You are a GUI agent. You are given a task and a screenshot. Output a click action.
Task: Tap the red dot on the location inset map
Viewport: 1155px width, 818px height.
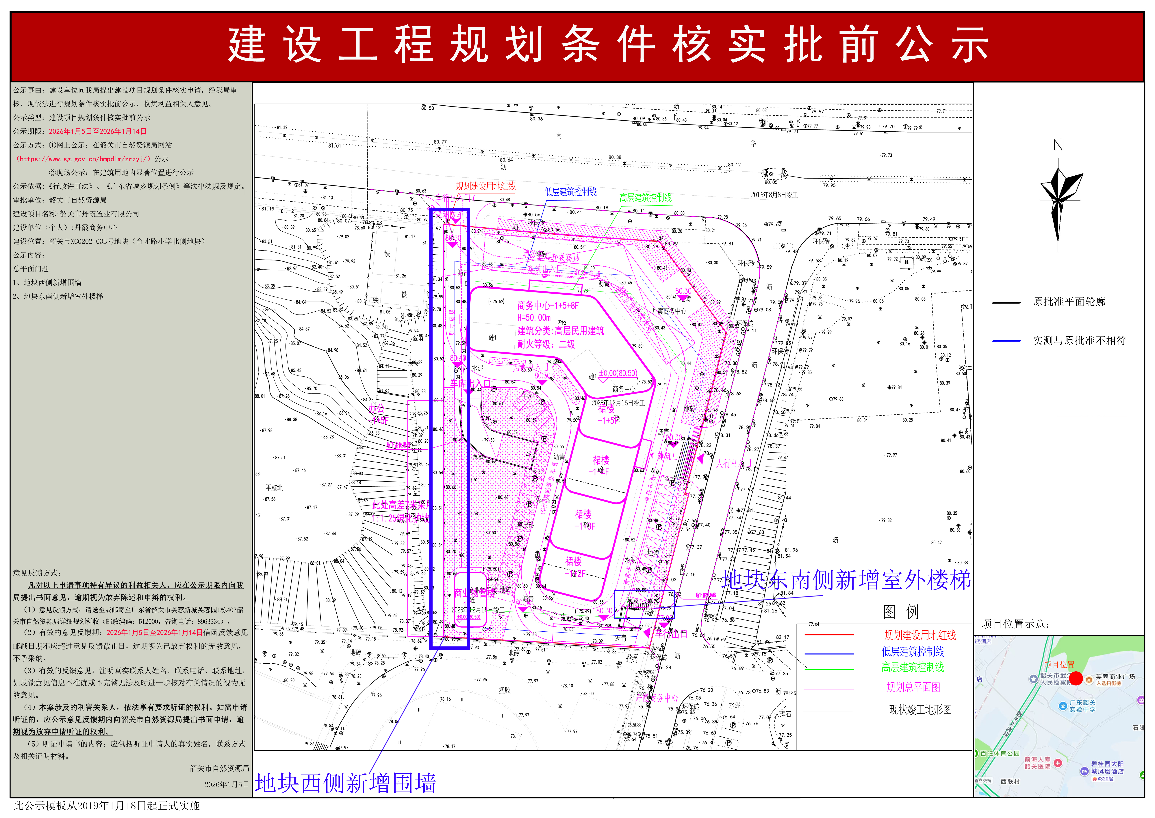(1076, 679)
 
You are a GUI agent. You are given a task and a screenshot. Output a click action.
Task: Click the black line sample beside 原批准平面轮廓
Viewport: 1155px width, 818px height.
(1006, 303)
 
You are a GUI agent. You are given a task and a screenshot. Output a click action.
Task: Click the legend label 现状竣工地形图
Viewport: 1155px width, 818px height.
(920, 710)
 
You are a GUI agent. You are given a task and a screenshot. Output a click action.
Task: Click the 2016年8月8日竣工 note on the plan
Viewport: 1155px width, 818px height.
(774, 195)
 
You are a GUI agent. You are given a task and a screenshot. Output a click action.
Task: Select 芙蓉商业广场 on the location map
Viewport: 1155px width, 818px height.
(1115, 677)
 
